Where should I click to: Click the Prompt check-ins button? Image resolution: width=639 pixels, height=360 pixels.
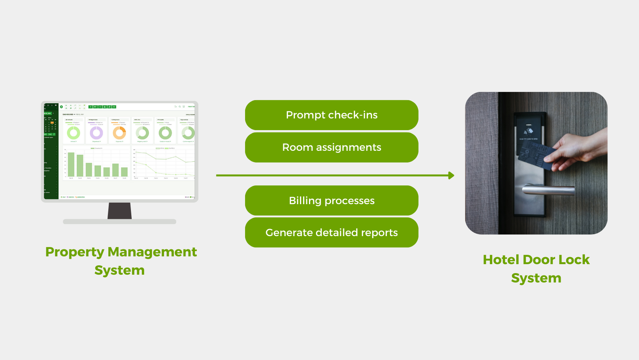(332, 115)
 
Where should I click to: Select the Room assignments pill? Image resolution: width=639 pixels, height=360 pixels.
(332, 147)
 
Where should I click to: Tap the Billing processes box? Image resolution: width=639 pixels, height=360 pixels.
(332, 200)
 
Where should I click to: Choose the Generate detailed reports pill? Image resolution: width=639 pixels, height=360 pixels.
(332, 232)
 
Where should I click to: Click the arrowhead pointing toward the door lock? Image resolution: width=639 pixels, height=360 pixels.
(451, 175)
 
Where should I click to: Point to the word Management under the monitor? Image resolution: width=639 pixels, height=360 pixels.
(152, 252)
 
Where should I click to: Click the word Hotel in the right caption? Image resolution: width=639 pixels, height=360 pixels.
(501, 260)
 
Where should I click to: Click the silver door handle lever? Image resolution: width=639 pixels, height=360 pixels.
(549, 190)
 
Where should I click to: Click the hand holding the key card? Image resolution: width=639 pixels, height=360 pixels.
(577, 148)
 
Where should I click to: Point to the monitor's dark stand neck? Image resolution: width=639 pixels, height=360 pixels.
(120, 211)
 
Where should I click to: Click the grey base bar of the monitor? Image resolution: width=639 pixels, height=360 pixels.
(120, 221)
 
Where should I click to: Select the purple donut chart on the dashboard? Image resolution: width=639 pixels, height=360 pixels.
(96, 133)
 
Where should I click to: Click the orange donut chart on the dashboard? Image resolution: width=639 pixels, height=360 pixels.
(119, 133)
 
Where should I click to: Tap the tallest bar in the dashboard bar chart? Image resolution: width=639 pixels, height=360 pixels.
(71, 164)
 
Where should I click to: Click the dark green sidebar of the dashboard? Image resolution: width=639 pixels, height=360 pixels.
(51, 156)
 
